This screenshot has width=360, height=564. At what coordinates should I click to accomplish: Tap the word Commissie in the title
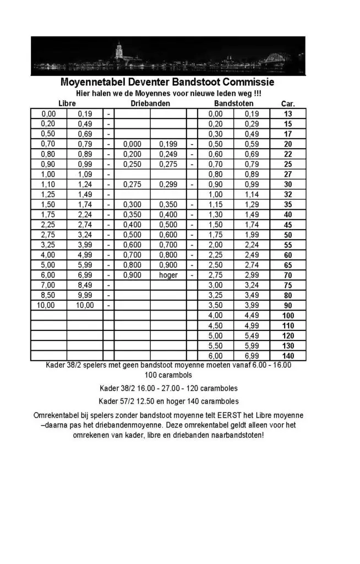point(247,83)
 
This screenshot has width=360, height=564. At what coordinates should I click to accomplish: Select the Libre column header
point(67,104)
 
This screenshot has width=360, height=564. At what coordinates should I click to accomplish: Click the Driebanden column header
point(150,104)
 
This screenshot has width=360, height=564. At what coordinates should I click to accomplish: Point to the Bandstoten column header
point(233,104)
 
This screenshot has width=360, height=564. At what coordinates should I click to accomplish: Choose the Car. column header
point(288,104)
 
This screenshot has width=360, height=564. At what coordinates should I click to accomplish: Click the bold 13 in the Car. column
point(288,114)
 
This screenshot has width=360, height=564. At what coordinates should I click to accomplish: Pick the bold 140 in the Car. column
point(288,356)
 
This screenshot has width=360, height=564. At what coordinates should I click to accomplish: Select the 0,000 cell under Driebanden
point(132,144)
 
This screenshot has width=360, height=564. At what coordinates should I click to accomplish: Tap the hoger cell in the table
point(168,275)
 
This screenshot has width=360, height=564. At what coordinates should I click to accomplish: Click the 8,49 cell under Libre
point(85,285)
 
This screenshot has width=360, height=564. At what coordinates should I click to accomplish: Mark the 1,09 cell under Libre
point(85,174)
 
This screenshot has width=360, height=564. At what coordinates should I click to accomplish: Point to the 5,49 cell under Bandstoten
point(252,335)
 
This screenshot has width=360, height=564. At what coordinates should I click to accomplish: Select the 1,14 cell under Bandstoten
point(252,194)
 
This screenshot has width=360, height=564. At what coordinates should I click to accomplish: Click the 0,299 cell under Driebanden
point(168,185)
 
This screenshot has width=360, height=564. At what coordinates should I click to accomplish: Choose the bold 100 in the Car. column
point(288,315)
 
